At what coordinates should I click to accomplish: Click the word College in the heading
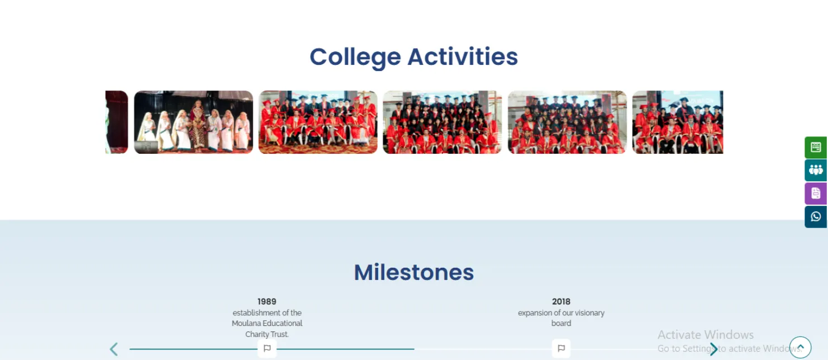pyautogui.click(x=355, y=58)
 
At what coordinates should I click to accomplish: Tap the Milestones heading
pyautogui.click(x=413, y=272)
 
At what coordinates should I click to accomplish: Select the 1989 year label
pyautogui.click(x=267, y=301)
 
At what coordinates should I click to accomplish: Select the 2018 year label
pyautogui.click(x=561, y=301)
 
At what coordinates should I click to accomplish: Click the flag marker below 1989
pyautogui.click(x=267, y=348)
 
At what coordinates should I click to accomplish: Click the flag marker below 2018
pyautogui.click(x=561, y=348)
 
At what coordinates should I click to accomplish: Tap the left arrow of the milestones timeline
pyautogui.click(x=114, y=349)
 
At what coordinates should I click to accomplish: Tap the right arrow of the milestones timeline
pyautogui.click(x=713, y=349)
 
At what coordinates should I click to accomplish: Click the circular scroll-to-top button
pyautogui.click(x=800, y=347)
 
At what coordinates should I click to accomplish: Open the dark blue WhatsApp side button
pyautogui.click(x=816, y=217)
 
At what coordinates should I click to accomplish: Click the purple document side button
pyautogui.click(x=816, y=193)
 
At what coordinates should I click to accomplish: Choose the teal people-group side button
pyautogui.click(x=816, y=170)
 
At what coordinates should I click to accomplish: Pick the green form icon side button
pyautogui.click(x=816, y=147)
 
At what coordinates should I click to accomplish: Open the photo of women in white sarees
pyautogui.click(x=193, y=122)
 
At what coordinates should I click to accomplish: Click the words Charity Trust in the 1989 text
pyautogui.click(x=267, y=334)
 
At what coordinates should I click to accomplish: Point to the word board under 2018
pyautogui.click(x=561, y=323)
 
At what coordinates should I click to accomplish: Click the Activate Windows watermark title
pyautogui.click(x=705, y=334)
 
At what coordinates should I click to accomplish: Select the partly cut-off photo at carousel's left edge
pyautogui.click(x=116, y=122)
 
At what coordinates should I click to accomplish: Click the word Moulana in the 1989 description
pyautogui.click(x=246, y=323)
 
